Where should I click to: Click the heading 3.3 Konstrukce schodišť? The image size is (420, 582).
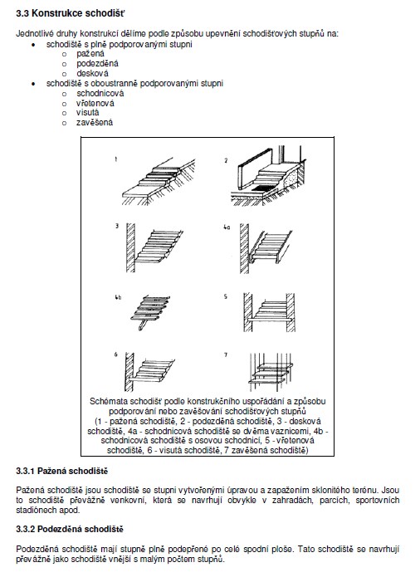[x=71, y=14]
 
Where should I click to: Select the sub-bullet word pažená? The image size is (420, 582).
[x=90, y=54]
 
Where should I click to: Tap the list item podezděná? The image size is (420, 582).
[x=98, y=63]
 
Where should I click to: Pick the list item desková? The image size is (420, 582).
[x=92, y=74]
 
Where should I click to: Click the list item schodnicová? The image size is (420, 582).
[x=100, y=93]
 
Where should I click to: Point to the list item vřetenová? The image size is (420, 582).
[x=95, y=103]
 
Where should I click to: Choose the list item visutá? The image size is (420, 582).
[x=87, y=113]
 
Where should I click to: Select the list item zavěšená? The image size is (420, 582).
[x=95, y=123]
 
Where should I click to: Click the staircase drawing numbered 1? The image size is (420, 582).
[x=159, y=181]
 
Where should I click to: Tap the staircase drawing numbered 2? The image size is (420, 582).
[x=268, y=175]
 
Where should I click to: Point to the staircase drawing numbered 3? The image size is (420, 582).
[x=154, y=247]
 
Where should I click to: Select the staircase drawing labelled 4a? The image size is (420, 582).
[x=266, y=248]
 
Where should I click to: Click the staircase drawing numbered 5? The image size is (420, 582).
[x=269, y=312]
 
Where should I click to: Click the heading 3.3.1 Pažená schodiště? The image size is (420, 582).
[x=62, y=472]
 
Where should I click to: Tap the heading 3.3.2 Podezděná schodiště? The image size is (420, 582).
[x=70, y=530]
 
